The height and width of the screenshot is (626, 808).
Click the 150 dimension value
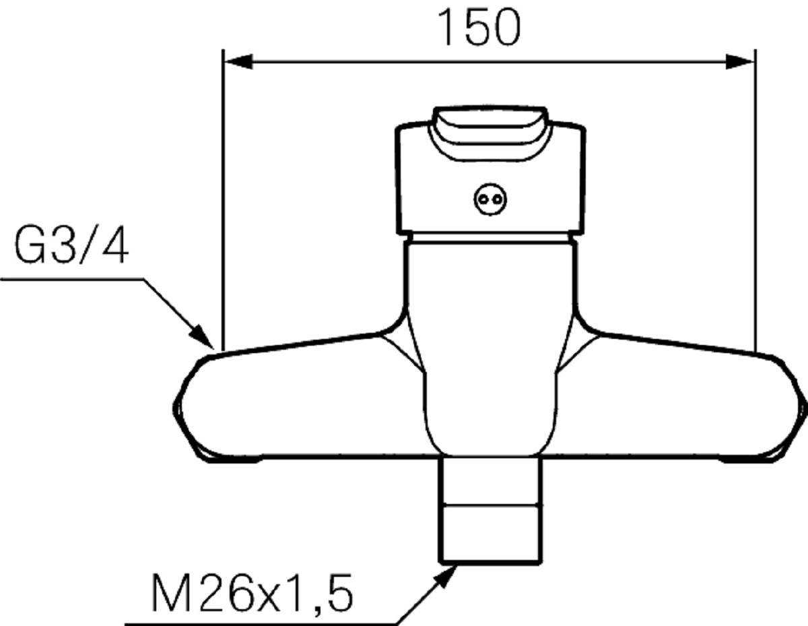click(x=479, y=28)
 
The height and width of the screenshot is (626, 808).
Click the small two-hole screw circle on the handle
click(x=489, y=199)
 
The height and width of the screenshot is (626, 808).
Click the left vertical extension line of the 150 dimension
click(x=222, y=202)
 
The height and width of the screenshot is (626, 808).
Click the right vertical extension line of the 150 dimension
click(x=755, y=202)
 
